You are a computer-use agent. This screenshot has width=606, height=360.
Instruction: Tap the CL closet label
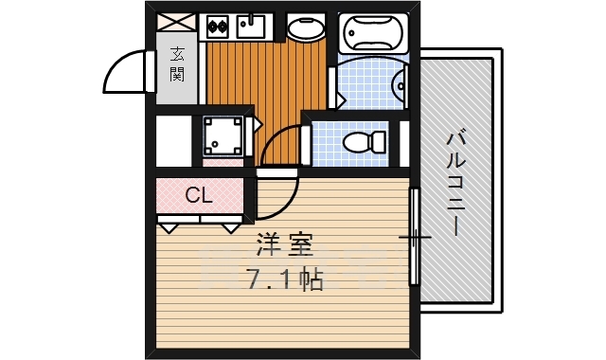click(x=198, y=196)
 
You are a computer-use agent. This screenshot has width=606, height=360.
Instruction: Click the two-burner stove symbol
click(x=220, y=27)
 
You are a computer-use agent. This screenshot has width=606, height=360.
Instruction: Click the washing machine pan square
click(x=223, y=136)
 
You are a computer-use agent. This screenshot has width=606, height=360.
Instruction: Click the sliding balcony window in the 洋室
click(x=414, y=236)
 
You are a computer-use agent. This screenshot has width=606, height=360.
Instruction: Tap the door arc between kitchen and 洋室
click(x=277, y=150)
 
